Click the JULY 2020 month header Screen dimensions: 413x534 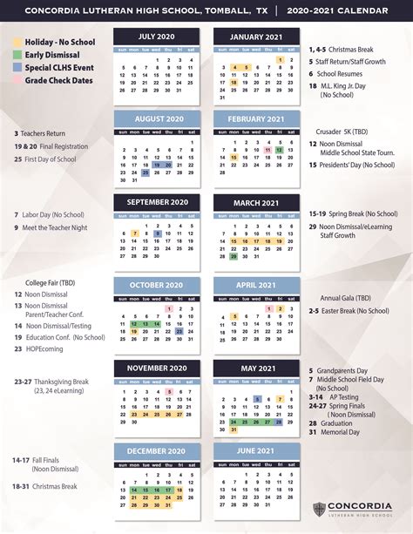[x=156, y=37]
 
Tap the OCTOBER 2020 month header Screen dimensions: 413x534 [x=156, y=260]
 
